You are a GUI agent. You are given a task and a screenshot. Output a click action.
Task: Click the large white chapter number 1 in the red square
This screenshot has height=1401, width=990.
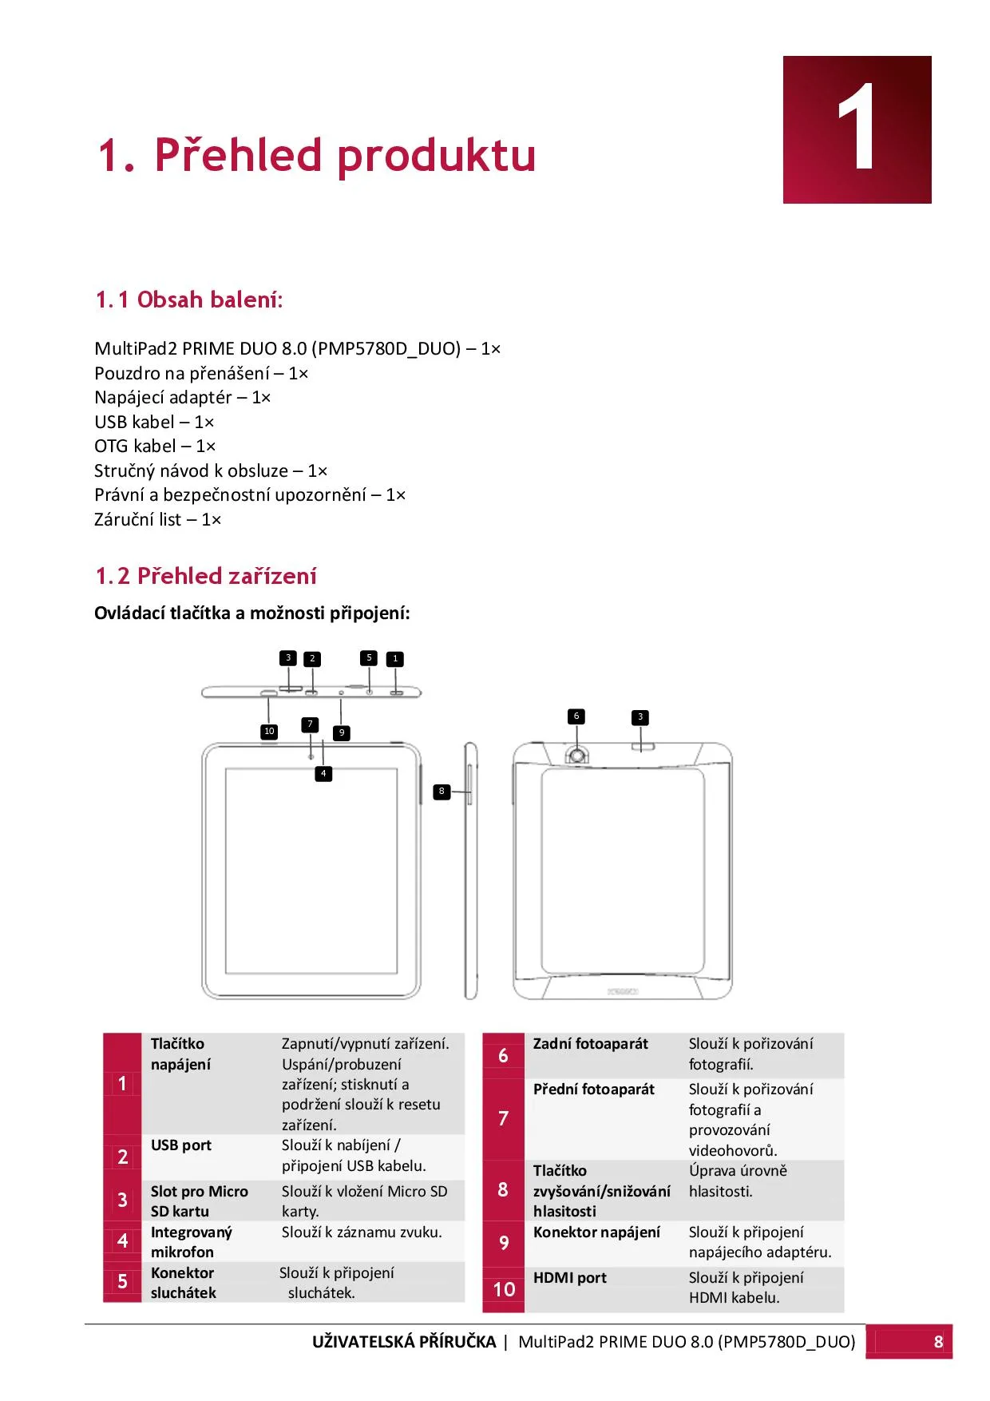point(857,128)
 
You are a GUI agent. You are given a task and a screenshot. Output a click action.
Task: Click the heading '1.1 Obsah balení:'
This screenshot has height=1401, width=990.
point(189,300)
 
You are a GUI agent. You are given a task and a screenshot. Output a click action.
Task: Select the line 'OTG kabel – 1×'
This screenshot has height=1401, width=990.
point(155,446)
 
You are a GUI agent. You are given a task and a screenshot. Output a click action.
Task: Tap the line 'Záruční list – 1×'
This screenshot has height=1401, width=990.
point(158,519)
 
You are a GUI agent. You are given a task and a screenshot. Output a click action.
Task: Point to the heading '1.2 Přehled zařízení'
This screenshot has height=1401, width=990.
point(206,576)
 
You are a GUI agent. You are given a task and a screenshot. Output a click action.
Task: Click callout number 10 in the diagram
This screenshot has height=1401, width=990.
point(269,731)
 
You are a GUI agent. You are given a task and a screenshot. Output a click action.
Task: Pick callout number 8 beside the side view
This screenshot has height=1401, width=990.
point(442,792)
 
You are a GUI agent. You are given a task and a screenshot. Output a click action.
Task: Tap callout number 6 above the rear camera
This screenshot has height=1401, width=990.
point(576,716)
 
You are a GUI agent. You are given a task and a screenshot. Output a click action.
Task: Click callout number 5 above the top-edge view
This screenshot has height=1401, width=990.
point(369,657)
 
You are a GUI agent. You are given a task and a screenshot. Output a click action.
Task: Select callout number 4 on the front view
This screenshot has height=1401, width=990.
point(323,773)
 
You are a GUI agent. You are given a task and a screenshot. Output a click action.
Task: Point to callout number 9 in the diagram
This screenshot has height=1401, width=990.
point(342,732)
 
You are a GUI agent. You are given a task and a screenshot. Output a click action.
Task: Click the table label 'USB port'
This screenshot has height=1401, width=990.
point(181,1145)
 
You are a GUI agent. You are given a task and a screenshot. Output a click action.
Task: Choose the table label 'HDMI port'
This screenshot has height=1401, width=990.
point(570,1278)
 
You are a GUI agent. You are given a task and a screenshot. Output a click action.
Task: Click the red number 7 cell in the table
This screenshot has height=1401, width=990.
point(503,1118)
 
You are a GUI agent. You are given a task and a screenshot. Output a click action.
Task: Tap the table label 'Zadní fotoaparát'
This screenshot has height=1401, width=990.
point(591,1044)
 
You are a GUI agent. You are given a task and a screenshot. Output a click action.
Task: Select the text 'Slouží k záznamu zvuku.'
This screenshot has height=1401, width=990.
point(362,1232)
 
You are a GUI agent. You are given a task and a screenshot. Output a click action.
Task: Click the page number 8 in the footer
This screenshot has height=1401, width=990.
point(939,1342)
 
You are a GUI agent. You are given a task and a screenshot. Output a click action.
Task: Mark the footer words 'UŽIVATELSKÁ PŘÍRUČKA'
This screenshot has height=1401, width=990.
point(404,1342)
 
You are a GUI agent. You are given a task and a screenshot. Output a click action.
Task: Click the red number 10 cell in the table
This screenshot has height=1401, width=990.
point(504,1288)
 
